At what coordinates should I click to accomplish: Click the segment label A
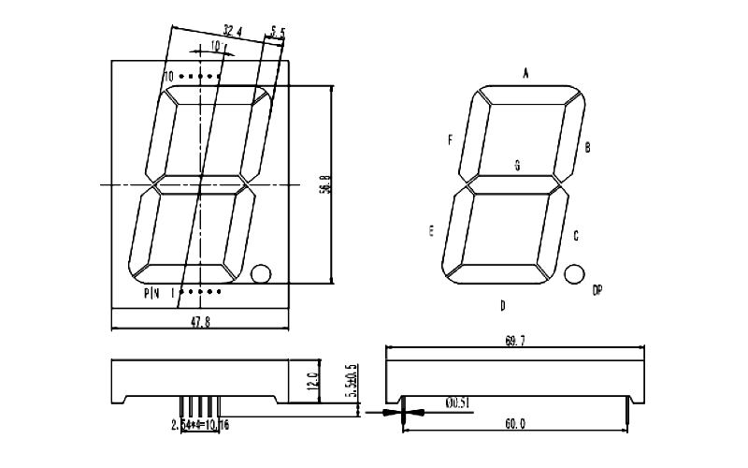[x=525, y=72]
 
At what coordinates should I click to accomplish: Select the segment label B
[x=587, y=147]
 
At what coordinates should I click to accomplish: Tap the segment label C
[x=575, y=236]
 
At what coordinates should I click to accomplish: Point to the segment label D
[x=502, y=305]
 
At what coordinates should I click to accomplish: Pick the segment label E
[x=431, y=231]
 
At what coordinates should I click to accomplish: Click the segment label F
[x=450, y=140]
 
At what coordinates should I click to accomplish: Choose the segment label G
[x=517, y=165]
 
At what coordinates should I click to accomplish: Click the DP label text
[x=597, y=291]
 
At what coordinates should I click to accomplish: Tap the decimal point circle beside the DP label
[x=573, y=273]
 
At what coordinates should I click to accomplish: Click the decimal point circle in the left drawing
[x=261, y=273]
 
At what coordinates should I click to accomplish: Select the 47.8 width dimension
[x=201, y=320]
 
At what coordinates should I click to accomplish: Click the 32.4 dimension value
[x=233, y=31]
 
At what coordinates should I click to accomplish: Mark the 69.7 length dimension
[x=514, y=343]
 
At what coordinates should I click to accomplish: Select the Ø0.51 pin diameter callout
[x=457, y=403]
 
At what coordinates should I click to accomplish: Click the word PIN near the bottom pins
[x=152, y=293]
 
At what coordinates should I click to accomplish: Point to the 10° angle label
[x=215, y=45]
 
